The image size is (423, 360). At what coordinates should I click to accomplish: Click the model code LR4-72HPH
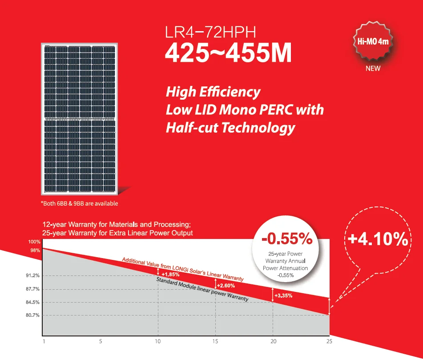tap(211, 33)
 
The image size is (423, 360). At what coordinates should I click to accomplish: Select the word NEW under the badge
tap(373, 69)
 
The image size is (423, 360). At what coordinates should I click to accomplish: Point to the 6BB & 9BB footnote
tap(79, 203)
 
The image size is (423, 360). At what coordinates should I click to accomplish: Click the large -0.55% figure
tap(287, 239)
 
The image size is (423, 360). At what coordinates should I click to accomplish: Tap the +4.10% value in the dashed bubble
tap(378, 239)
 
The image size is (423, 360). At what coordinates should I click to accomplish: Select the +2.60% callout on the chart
tap(226, 285)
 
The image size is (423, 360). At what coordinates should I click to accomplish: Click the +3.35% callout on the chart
tap(283, 295)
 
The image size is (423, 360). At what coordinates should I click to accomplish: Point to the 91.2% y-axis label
tap(33, 276)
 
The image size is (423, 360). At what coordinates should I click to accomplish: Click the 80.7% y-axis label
tap(33, 316)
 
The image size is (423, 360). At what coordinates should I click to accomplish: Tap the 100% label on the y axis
tap(35, 242)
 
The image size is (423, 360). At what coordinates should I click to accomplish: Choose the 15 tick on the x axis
tap(216, 341)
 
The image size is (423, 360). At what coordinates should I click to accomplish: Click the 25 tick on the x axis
tap(330, 341)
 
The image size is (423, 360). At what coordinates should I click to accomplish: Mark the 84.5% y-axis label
tap(33, 303)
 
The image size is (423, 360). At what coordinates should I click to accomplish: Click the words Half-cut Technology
tap(230, 128)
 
